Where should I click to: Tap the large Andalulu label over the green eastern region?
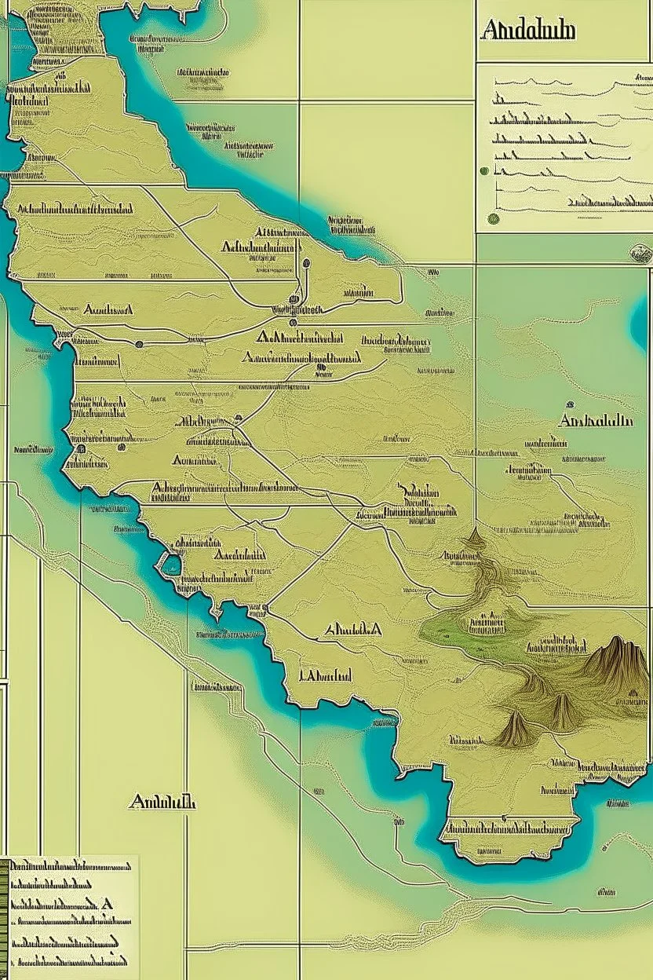[595, 421]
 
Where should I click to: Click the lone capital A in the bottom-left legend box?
[107, 904]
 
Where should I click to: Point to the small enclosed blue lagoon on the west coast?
[170, 563]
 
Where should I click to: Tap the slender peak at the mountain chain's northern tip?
[474, 539]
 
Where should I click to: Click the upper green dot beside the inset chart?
[483, 170]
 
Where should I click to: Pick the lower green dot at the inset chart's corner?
[493, 219]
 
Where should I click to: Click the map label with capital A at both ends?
[352, 630]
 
